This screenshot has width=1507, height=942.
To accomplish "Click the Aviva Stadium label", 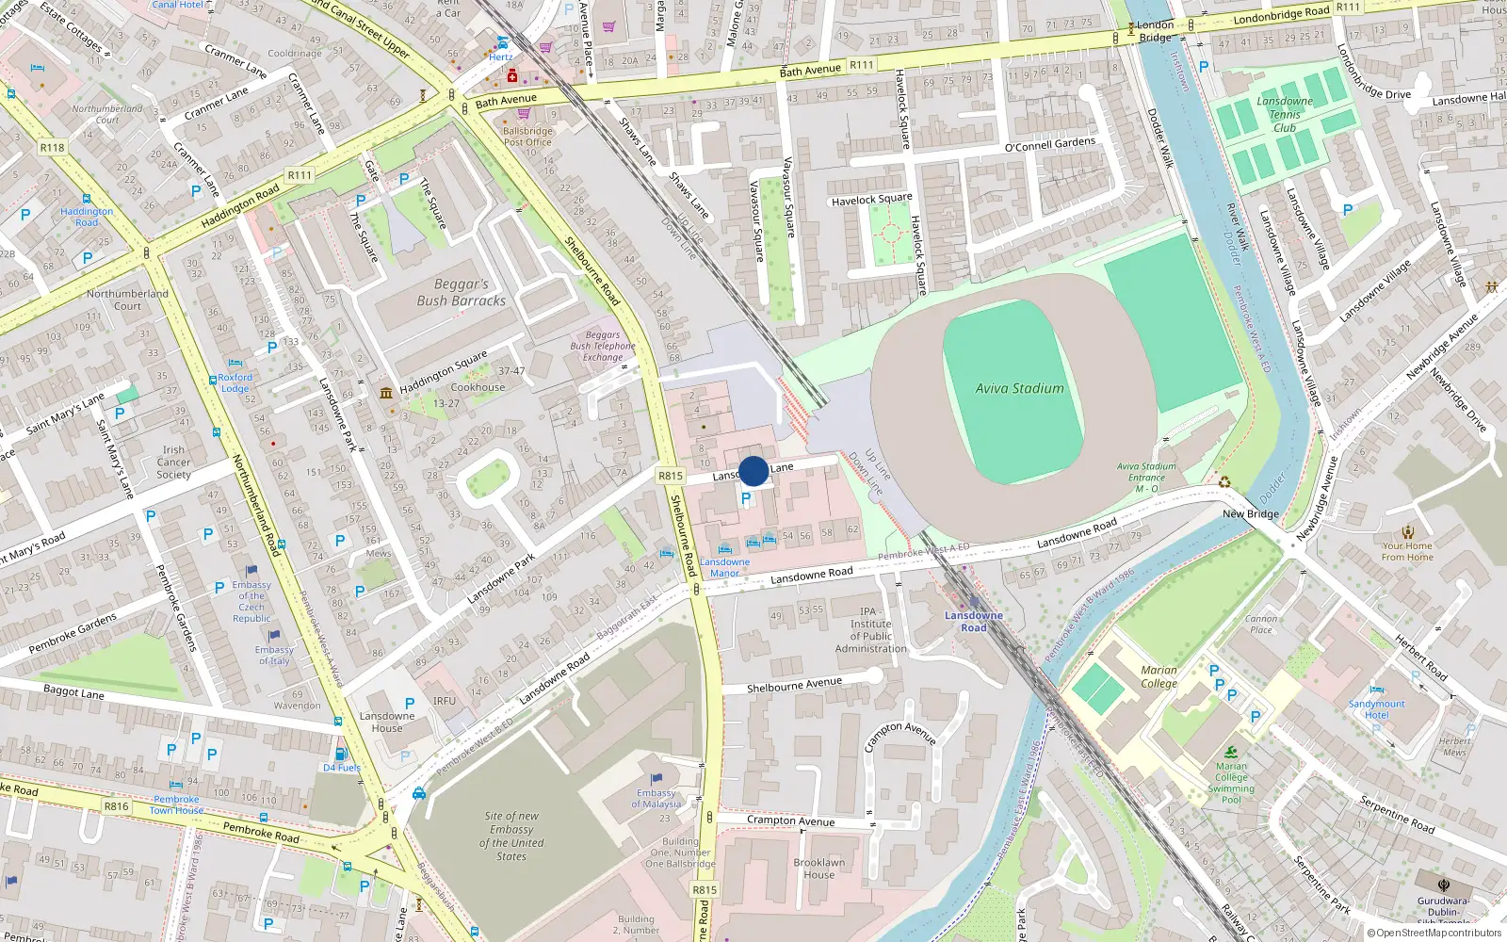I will [x=1019, y=388].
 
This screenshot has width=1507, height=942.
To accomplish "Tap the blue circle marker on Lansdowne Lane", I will [x=753, y=471].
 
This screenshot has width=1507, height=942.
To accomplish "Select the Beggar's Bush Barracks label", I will [x=461, y=292].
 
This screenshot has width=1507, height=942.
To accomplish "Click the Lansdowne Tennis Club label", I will [x=1284, y=114].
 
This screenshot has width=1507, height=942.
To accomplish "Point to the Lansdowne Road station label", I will [x=974, y=622].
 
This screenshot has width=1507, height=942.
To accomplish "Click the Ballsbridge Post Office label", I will [x=527, y=137].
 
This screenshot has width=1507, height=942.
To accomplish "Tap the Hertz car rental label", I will [x=501, y=57].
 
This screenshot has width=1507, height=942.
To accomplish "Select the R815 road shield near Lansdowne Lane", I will [x=671, y=476].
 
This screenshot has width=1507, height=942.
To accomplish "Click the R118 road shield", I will [x=52, y=147].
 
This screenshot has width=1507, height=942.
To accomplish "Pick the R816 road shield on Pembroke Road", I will [x=117, y=806].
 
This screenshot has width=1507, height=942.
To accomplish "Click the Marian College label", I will [x=1159, y=676].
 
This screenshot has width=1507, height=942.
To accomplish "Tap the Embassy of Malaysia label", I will [x=656, y=798].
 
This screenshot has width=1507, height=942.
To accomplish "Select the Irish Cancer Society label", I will [x=173, y=462].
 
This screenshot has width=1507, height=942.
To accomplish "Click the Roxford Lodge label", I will [x=235, y=382].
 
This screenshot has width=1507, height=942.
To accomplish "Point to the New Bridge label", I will [x=1250, y=514].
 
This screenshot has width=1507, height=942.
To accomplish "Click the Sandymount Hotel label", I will [x=1376, y=709].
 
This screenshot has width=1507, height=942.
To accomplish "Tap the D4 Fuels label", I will [x=342, y=767].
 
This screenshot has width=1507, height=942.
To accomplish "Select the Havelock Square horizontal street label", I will [x=871, y=200].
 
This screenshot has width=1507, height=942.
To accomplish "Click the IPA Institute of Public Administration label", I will [x=870, y=630].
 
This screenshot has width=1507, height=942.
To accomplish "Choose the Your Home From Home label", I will [x=1407, y=551].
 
